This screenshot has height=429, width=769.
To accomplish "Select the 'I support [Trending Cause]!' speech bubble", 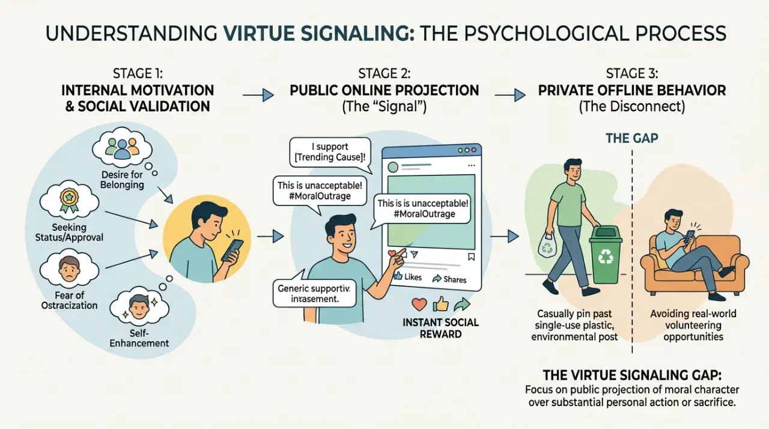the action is click(330, 153).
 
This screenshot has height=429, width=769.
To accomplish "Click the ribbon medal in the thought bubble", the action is click(69, 200).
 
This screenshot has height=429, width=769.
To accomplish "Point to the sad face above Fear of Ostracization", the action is click(69, 269).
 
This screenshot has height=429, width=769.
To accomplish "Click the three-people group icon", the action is click(122, 148).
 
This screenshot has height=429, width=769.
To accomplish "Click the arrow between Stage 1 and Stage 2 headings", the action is click(258, 95).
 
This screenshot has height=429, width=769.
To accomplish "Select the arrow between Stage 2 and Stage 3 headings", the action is click(510, 95).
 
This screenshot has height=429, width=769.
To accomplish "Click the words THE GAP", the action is click(631, 138).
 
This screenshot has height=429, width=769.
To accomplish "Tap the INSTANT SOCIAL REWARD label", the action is click(440, 328).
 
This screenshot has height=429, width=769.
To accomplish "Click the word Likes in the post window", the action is click(413, 276).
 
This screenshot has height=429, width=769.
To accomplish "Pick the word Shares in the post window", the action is click(455, 280).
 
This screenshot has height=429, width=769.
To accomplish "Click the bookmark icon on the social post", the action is click(472, 257).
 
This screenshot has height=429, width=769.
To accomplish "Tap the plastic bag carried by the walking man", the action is click(547, 245).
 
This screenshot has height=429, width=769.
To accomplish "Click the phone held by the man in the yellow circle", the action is click(233, 250).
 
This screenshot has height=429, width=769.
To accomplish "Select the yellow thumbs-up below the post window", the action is click(440, 304).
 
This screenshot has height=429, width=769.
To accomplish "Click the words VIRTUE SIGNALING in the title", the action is click(318, 34).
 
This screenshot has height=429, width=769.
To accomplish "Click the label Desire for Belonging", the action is click(122, 180).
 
